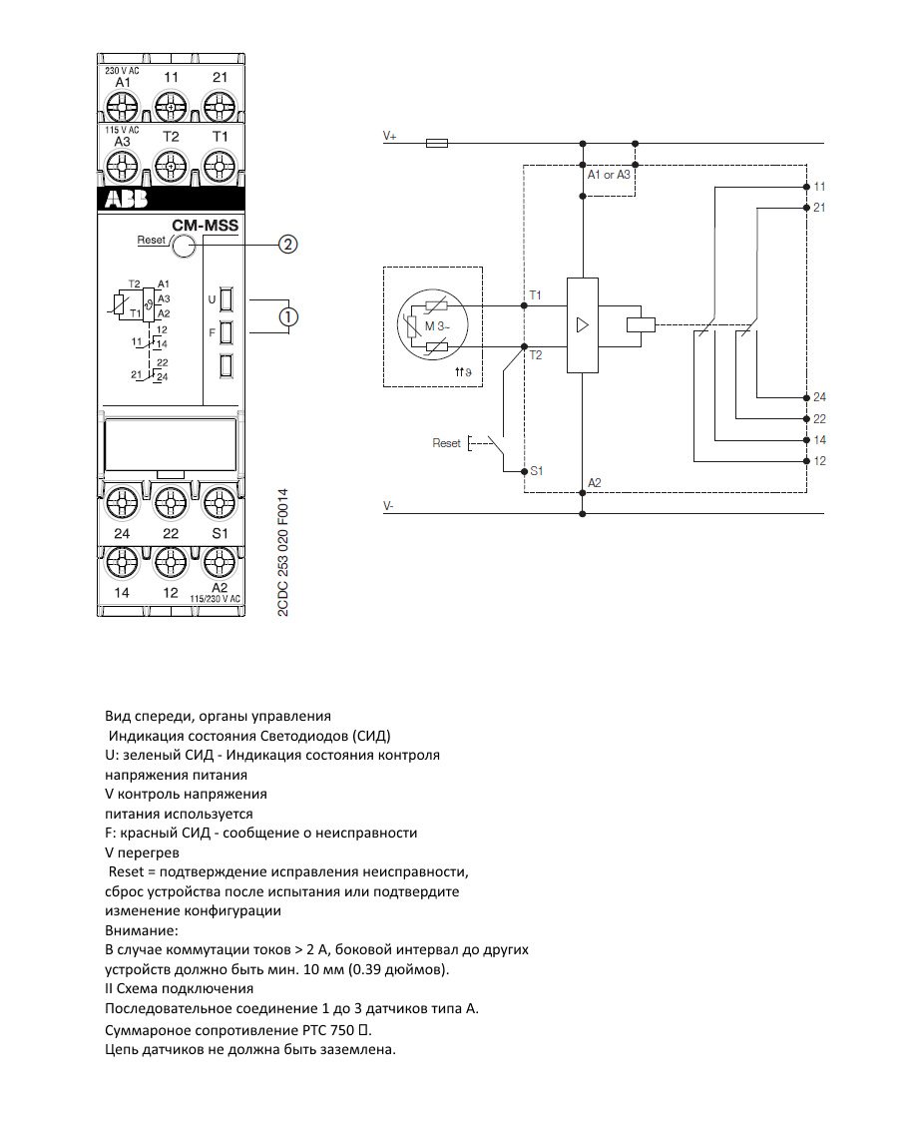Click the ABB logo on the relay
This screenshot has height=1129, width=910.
coord(127,198)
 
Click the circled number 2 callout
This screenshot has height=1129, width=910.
coord(288,245)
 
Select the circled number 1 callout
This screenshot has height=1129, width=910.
coord(288,316)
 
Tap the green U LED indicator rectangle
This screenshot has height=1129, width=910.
coord(227,298)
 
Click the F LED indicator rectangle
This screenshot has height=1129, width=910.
coord(227,332)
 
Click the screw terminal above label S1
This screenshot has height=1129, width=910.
coord(220,502)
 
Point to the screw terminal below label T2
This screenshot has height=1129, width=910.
coord(171,167)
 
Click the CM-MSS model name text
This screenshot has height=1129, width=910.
coord(206,226)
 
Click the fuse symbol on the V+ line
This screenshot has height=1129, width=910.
coord(437,144)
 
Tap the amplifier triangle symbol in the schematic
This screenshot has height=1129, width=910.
coord(583,325)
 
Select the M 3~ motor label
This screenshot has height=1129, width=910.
coord(437,326)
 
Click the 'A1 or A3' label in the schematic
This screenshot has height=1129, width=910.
coord(609,175)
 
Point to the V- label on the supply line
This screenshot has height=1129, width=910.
coord(389,506)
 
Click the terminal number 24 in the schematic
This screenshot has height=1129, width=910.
coord(819,396)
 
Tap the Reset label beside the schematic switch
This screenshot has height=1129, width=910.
coord(446,443)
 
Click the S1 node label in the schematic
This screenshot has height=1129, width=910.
coord(537,471)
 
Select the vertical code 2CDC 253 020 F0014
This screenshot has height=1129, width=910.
coord(283,552)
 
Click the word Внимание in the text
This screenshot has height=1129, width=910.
coord(141,930)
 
